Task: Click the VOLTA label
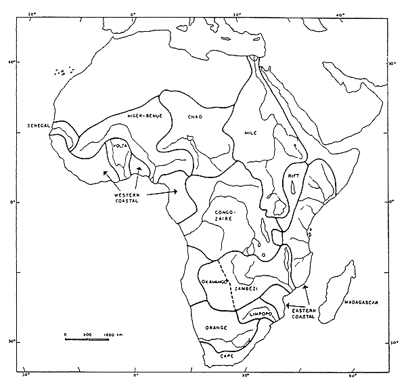coord(120,145)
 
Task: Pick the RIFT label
coord(294,175)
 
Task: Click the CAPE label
coord(226,355)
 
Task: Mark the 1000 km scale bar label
coord(113,335)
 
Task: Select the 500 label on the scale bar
coord(87,335)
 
